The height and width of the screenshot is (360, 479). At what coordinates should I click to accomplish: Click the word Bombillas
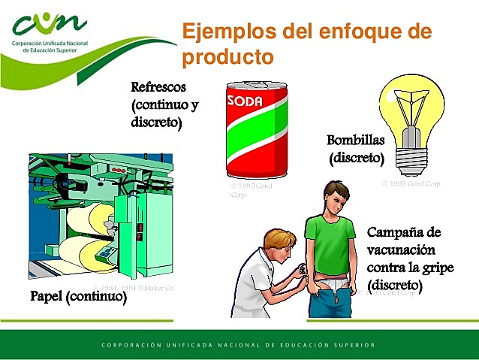[x=357, y=141]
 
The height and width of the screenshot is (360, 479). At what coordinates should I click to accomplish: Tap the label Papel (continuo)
[x=78, y=296]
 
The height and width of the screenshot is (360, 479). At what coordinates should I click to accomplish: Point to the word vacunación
[x=401, y=251]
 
